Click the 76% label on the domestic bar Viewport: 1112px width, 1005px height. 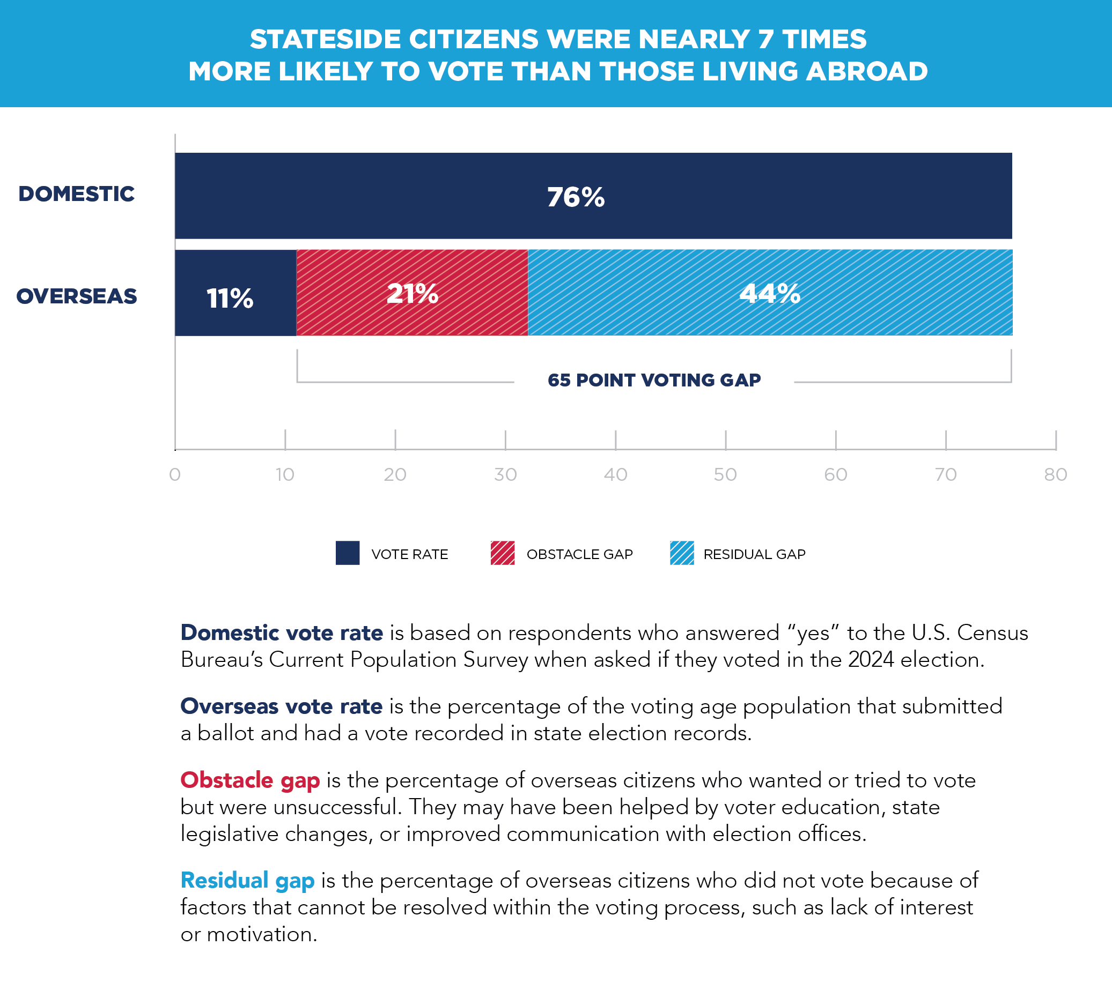[575, 197]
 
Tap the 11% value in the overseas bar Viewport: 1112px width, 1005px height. [230, 299]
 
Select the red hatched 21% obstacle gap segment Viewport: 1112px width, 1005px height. [412, 293]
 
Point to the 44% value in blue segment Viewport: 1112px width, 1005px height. [769, 293]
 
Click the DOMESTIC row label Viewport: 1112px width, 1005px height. [76, 194]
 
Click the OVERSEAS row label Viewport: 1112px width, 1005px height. [76, 296]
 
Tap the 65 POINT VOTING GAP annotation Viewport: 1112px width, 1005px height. [654, 380]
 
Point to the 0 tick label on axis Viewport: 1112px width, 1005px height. [175, 475]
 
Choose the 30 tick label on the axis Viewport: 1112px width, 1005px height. [505, 475]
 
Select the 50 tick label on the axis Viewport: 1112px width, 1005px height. [725, 475]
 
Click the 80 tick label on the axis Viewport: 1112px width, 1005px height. [1055, 475]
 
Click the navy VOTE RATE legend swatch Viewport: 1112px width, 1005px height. [348, 553]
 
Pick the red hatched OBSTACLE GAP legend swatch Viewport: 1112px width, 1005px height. [503, 553]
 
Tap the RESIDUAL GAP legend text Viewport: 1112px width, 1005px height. [754, 554]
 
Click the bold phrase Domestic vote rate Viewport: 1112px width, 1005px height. [281, 633]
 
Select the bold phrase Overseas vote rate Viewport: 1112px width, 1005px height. [281, 706]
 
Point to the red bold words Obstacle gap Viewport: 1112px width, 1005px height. [250, 780]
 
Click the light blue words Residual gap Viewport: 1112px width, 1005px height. [247, 881]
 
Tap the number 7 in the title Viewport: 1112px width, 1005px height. [765, 39]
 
